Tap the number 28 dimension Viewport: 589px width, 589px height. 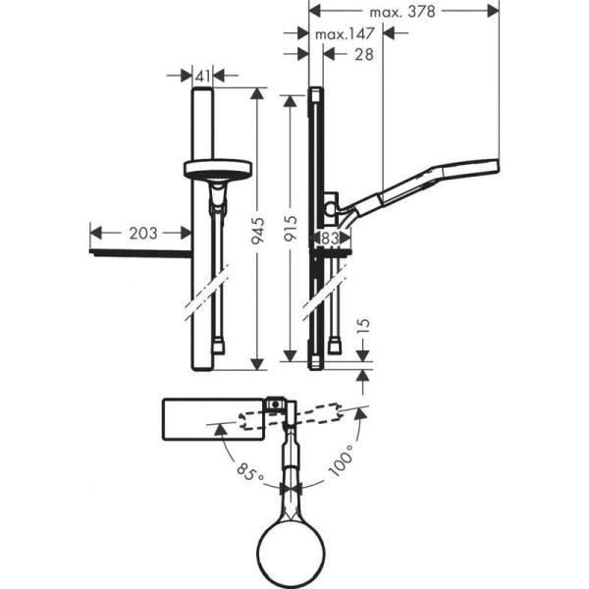point(362,55)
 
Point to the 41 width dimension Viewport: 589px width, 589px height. point(203,75)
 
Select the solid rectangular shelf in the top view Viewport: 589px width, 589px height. point(211,418)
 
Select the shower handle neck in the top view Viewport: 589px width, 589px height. point(293,461)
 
